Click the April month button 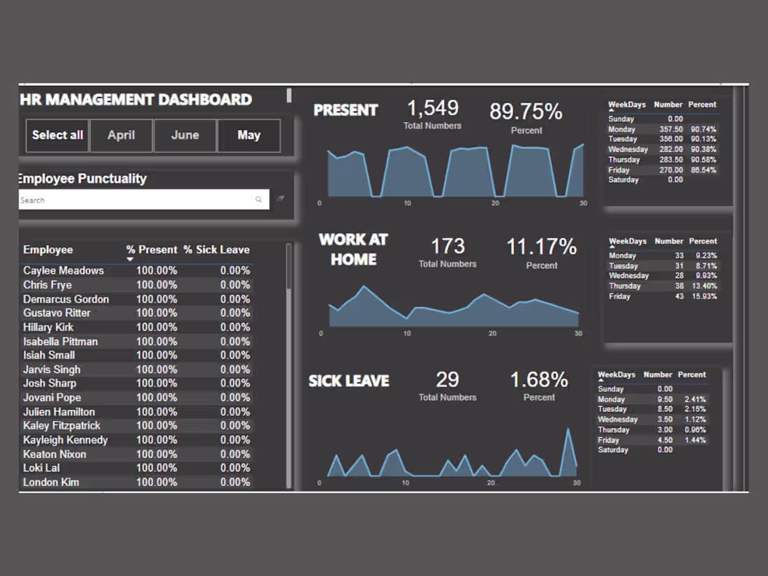coord(121,135)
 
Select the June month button coord(185,135)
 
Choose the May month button coord(249,135)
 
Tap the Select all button coord(57,135)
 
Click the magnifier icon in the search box coord(258,200)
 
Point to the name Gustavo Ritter coord(57,313)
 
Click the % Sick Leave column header coord(216,250)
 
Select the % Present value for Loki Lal coord(156,468)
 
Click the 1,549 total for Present coord(433,108)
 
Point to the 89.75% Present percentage coord(526,112)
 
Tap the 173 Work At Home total coord(448,246)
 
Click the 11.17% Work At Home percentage coord(542,246)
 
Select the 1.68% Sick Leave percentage coord(539,380)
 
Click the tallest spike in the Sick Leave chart coord(568,430)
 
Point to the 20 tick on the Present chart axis coord(495,203)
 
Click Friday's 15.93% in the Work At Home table coord(704,297)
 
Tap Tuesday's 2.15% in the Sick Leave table coord(695,409)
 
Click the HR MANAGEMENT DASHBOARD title coord(136,99)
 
